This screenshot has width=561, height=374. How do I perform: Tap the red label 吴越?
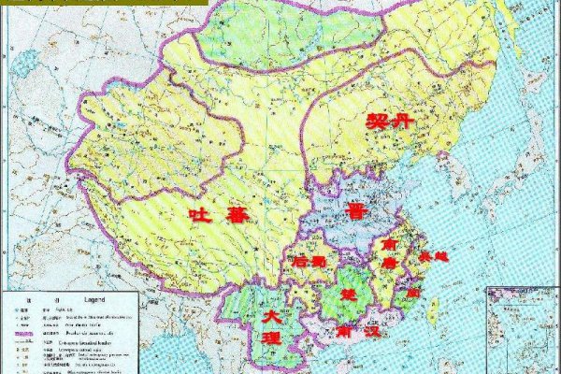click(433, 255)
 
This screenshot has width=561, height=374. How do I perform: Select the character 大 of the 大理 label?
click(270, 318)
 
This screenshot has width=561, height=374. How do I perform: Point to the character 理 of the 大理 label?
click(270, 338)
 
